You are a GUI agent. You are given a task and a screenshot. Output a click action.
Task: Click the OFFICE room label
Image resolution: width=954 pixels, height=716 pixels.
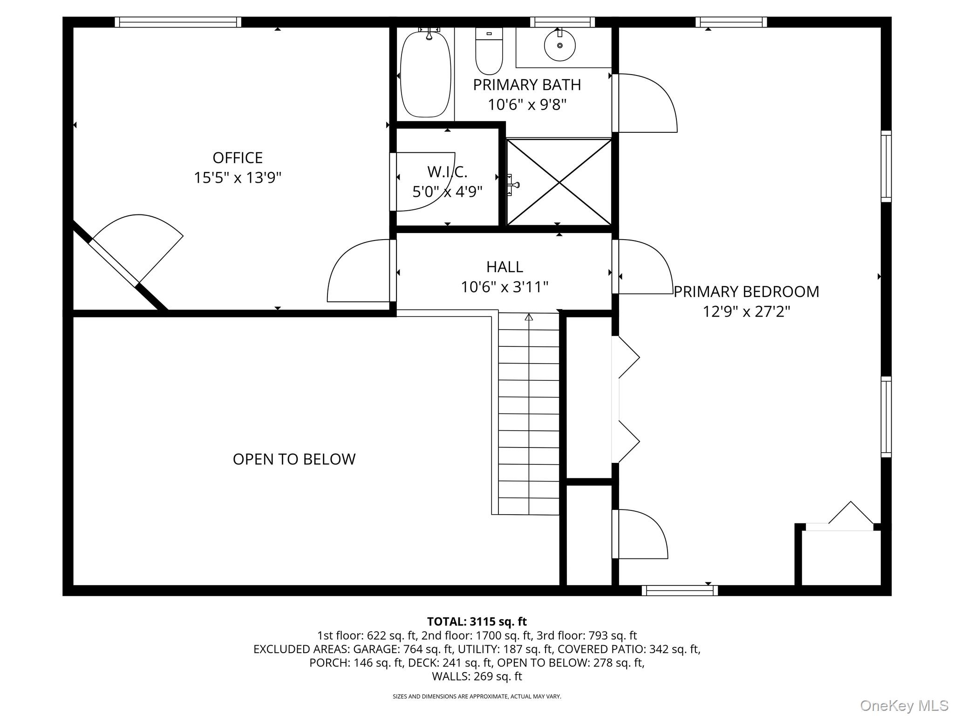pos(238,158)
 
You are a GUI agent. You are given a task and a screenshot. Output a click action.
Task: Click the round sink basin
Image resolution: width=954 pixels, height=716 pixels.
pos(559,46)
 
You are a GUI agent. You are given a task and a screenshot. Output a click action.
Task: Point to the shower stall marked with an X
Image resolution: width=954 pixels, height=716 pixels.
pos(559,182)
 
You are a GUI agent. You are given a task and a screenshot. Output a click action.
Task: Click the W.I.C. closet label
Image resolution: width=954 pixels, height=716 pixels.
pos(447,172)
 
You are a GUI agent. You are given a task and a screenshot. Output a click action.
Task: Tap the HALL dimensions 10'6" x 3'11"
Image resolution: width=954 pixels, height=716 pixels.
pos(504,287)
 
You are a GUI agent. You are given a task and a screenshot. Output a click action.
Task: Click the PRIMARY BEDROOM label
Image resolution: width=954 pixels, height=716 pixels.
pos(746,292)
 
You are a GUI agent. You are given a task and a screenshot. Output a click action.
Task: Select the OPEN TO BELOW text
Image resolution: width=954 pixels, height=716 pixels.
pos(294,459)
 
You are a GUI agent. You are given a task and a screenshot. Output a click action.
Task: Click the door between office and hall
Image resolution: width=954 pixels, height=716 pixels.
pos(359,270)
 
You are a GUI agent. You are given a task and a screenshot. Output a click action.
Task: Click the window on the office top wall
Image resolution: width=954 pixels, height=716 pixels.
pos(178,22)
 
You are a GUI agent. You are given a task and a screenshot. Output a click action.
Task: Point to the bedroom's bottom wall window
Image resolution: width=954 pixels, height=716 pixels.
pos(680,591)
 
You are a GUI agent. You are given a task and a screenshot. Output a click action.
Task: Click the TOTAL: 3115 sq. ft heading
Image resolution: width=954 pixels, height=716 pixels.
pos(477,621)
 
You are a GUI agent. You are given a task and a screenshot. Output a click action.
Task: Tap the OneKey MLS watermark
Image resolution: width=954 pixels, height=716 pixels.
pos(904,706)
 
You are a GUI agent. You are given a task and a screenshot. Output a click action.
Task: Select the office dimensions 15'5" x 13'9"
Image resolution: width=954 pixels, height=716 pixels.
pos(238,178)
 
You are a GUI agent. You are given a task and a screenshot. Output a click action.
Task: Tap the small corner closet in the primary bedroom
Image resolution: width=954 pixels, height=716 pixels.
pos(841,557)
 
